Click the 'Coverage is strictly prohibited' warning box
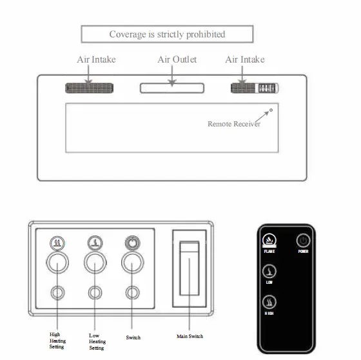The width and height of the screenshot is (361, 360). (x=166, y=34)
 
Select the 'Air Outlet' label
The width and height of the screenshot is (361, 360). (x=177, y=60)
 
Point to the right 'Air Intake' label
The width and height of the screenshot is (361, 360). (x=245, y=60)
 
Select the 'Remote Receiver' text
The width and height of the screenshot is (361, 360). (x=233, y=124)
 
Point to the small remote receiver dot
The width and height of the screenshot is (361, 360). (x=271, y=110)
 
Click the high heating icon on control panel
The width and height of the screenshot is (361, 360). (x=58, y=244)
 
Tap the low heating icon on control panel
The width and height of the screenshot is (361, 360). (x=95, y=244)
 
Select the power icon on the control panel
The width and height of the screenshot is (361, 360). (x=132, y=244)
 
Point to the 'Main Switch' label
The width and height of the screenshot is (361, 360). (x=191, y=336)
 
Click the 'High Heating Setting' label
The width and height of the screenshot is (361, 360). (x=57, y=340)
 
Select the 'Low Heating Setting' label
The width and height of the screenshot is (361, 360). (x=97, y=342)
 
